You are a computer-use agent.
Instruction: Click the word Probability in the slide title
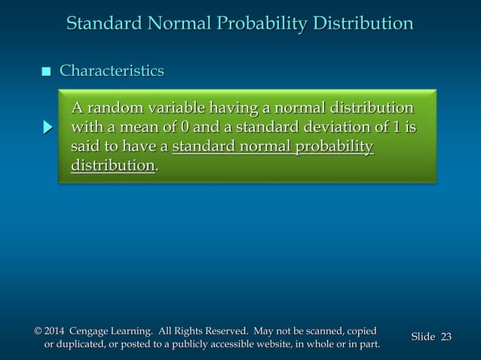[256, 24]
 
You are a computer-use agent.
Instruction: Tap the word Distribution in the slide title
[360, 24]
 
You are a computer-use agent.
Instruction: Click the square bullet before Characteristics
[46, 72]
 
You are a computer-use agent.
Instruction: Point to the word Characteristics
[112, 72]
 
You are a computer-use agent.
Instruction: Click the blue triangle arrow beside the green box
[47, 127]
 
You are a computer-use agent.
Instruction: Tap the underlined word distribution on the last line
[112, 165]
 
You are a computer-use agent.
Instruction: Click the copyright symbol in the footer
[38, 331]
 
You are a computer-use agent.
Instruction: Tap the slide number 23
[446, 337]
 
